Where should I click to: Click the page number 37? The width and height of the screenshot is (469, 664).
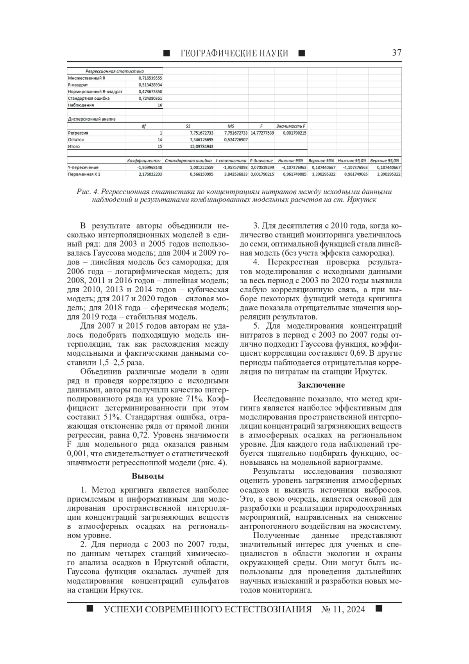pos(396,53)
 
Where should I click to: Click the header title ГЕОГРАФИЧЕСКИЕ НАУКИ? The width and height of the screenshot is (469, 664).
pos(234,53)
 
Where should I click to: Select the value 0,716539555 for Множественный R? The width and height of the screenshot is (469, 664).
pos(150,78)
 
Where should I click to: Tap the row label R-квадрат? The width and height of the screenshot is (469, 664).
pos(78,85)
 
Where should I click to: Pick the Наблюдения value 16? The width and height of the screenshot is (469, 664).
pos(159,105)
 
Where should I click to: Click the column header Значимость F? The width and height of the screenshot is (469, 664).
pos(291,126)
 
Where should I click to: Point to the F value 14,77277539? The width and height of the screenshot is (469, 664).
pos(262,133)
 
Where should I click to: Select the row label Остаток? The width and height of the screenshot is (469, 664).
pos(76,140)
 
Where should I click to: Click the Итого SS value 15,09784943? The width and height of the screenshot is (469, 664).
pos(201,146)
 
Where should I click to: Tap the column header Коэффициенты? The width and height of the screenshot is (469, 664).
pos(144,160)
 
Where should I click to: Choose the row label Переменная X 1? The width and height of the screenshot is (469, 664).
pos(84,174)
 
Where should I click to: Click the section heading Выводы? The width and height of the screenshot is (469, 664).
pos(147,476)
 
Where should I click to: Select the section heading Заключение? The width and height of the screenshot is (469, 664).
pos(321,385)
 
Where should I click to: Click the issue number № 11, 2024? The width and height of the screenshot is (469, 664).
pos(343,609)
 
